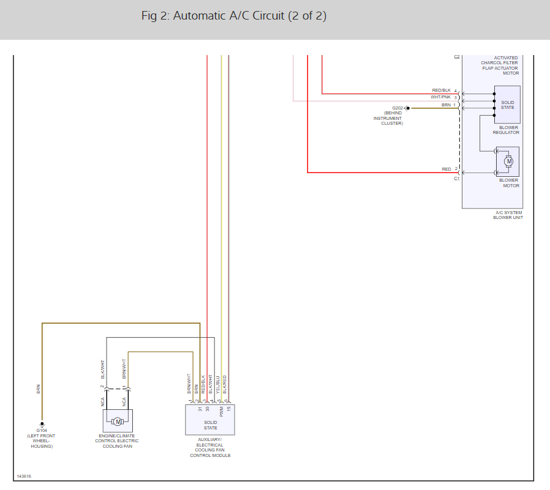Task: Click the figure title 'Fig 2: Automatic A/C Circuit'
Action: pyautogui.click(x=233, y=16)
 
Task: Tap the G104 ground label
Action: pyautogui.click(x=42, y=430)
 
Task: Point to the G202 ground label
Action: pyautogui.click(x=397, y=108)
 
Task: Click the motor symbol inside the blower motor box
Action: pyautogui.click(x=508, y=162)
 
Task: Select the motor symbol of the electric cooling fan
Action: pyautogui.click(x=118, y=421)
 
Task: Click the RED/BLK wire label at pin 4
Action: pyautogui.click(x=441, y=91)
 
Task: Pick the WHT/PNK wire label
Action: pyautogui.click(x=440, y=97)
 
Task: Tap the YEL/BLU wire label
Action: pyautogui.click(x=218, y=384)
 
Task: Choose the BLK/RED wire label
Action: pyautogui.click(x=225, y=384)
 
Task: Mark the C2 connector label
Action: pyautogui.click(x=457, y=57)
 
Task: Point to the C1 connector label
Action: pyautogui.click(x=457, y=179)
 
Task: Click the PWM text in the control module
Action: pyautogui.click(x=221, y=414)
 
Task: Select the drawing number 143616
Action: pyautogui.click(x=24, y=476)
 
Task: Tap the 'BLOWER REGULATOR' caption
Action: pyautogui.click(x=506, y=130)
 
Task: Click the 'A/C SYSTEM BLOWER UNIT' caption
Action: pyautogui.click(x=508, y=215)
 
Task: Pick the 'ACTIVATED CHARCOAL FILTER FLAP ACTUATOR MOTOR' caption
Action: pyautogui.click(x=500, y=65)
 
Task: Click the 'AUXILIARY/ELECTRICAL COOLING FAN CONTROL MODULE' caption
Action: pyautogui.click(x=209, y=447)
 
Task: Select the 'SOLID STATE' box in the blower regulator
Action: pyautogui.click(x=507, y=105)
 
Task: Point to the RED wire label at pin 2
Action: pyautogui.click(x=446, y=169)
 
